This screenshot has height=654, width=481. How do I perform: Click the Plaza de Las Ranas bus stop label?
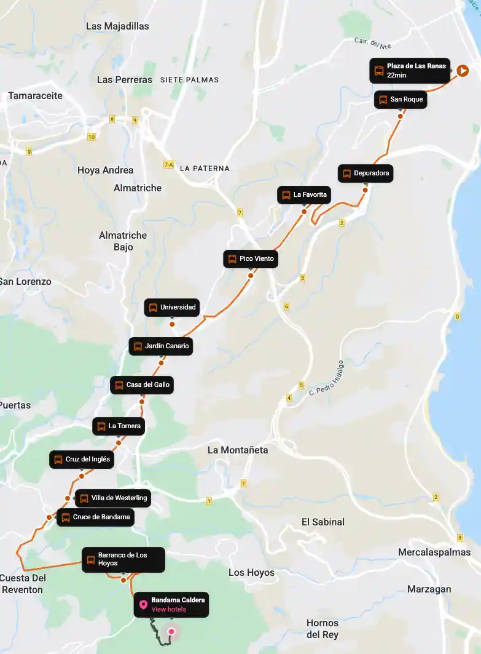coord(410,70)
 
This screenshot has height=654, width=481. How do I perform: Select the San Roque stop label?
coord(401,100)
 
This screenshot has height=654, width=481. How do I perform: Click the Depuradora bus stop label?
coord(365,173)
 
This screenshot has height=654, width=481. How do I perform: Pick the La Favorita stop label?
coord(304,195)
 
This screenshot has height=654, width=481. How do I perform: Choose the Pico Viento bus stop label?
coord(251,259)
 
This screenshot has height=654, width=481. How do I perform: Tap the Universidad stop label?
coord(172,308)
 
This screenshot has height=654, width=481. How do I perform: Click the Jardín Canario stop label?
coord(161,346)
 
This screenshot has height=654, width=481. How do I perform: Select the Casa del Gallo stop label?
coord(141,385)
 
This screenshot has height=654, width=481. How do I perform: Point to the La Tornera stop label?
coord(119,426)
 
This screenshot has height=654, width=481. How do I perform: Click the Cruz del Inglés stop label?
coord(82,460)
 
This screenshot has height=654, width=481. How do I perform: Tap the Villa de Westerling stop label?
coord(113,498)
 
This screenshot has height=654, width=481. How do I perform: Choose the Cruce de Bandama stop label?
coord(95,517)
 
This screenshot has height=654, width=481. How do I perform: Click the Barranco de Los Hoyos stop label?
coord(123,559)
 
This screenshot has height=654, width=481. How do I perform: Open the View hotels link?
coord(168,610)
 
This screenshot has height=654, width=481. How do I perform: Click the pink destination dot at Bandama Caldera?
coord(171,631)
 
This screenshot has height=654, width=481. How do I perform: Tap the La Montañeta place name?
coord(238,450)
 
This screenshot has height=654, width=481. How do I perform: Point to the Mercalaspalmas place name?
coord(434,552)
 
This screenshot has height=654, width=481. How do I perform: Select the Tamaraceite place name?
coord(35,96)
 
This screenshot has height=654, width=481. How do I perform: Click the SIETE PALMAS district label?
coord(189,80)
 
